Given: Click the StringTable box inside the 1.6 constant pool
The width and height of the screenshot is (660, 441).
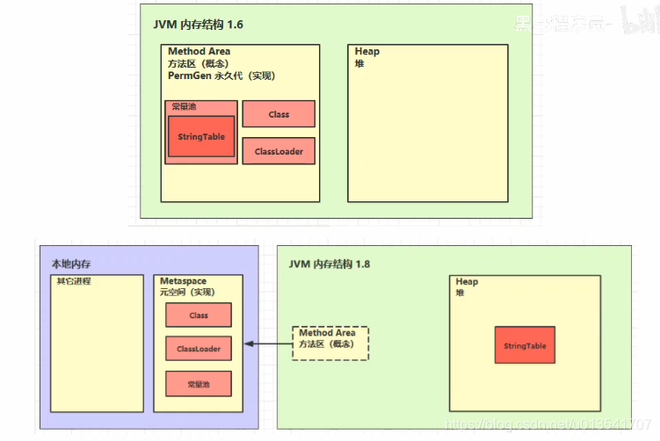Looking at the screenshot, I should [201, 137].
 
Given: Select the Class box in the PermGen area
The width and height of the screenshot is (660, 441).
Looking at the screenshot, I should [279, 114].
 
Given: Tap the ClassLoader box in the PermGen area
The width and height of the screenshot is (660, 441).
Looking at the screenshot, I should [279, 151].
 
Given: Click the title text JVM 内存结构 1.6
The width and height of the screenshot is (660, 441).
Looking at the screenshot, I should [199, 25].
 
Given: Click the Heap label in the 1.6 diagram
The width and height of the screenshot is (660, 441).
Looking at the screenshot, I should [367, 51].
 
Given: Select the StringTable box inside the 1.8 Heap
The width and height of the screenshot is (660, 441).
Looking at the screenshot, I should [525, 346].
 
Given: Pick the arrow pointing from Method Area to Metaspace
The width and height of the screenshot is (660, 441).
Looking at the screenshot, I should [267, 343].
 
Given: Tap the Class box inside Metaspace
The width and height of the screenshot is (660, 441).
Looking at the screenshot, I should [199, 315].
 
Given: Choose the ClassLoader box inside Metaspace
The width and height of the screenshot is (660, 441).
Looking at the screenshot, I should [199, 349].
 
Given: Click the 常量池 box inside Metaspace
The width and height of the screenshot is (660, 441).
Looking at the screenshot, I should [199, 384].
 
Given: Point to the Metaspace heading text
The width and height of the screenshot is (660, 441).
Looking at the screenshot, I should [183, 281].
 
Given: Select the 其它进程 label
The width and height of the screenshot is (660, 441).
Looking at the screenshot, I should [74, 281].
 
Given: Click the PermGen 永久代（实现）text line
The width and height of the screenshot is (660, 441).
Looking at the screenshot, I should [221, 76].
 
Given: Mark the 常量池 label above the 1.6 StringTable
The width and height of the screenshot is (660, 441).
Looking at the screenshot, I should [184, 107].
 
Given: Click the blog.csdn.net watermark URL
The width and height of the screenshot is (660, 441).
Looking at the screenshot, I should [549, 425].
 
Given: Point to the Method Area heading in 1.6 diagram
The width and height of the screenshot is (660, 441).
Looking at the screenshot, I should [199, 52].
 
